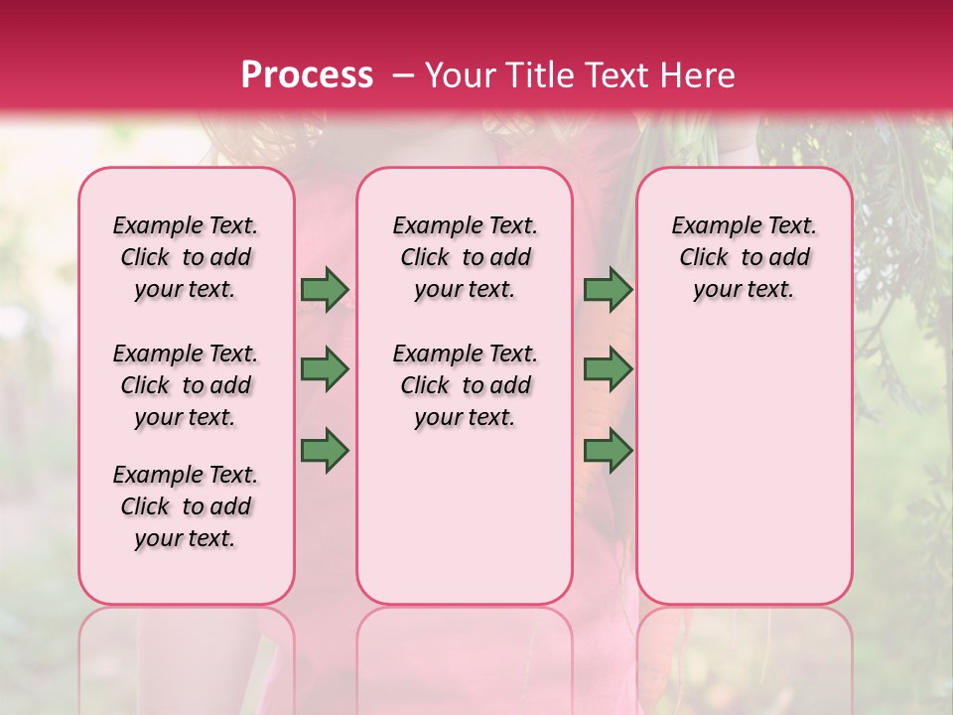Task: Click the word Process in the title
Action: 307,75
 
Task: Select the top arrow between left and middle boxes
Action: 325,290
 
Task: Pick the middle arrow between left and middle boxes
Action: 325,370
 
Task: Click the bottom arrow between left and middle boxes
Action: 325,451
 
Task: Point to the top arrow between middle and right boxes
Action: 608,290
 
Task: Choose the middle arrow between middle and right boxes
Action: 608,370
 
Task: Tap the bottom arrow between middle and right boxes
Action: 608,451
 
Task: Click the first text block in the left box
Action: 186,257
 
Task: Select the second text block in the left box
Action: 186,385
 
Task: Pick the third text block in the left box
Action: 186,506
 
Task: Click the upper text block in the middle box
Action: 466,257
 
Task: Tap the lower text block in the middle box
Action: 466,385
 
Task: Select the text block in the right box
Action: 745,257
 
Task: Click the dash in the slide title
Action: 403,75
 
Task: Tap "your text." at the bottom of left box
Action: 186,538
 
